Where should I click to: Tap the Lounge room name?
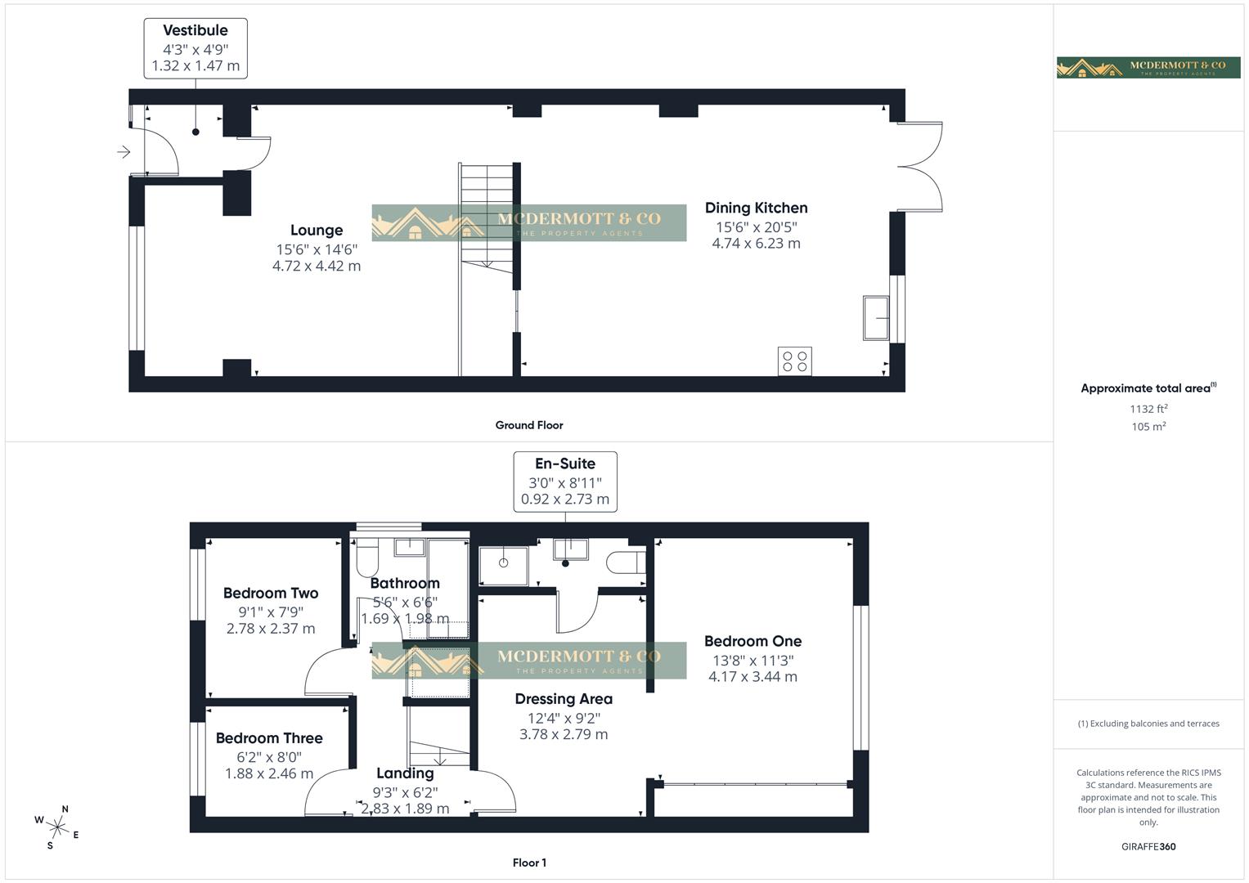click(x=316, y=231)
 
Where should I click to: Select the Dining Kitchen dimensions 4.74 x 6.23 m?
click(x=756, y=244)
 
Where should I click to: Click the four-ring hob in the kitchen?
click(x=794, y=361)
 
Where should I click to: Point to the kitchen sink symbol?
click(x=876, y=318)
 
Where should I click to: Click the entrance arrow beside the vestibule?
click(x=124, y=152)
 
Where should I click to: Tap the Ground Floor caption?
click(x=528, y=425)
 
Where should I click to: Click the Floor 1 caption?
click(x=528, y=863)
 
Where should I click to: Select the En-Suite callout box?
click(x=564, y=482)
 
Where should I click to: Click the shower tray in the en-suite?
click(x=503, y=563)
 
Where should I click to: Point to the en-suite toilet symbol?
click(x=626, y=563)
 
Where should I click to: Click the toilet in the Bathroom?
click(x=366, y=558)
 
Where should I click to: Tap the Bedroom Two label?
click(x=270, y=594)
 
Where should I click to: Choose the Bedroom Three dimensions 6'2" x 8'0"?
click(x=269, y=756)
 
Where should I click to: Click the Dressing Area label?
click(x=563, y=699)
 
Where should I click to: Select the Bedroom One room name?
click(x=753, y=642)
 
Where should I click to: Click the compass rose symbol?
click(x=56, y=827)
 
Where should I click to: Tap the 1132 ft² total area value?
click(x=1148, y=409)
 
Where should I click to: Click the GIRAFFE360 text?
click(x=1148, y=847)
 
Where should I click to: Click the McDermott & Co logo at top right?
click(x=1148, y=68)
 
